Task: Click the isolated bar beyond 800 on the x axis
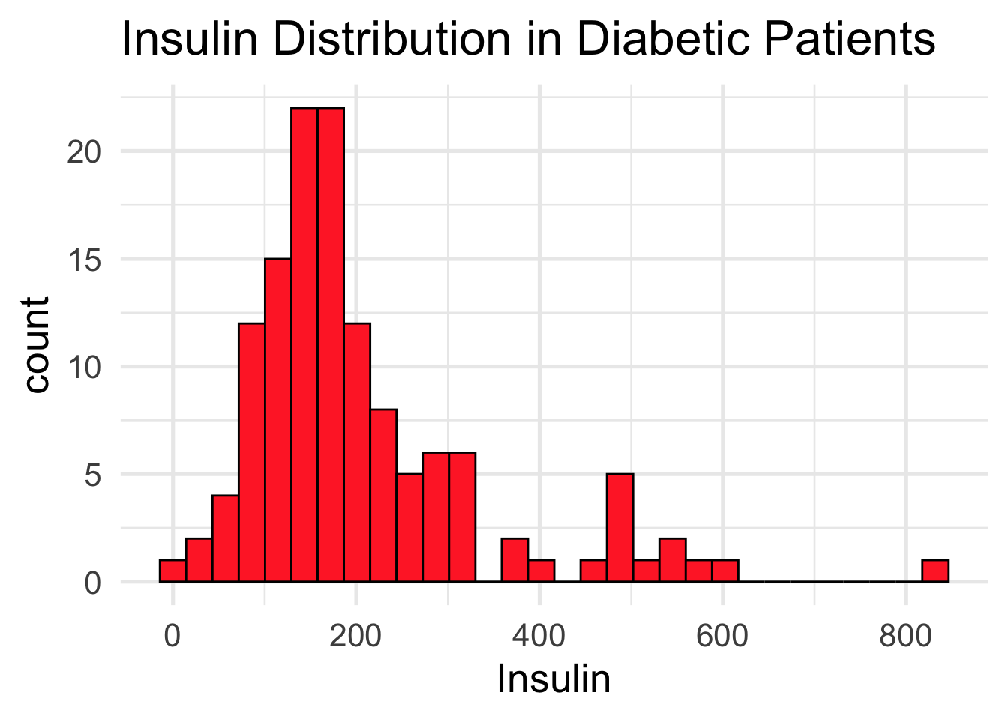click(935, 571)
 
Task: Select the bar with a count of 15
click(277, 420)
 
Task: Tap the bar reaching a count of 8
click(383, 496)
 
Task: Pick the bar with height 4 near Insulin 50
click(225, 538)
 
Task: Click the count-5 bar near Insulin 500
click(620, 528)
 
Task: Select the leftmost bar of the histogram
click(172, 571)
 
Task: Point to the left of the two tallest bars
click(304, 345)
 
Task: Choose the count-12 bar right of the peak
click(357, 452)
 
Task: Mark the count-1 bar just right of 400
click(541, 571)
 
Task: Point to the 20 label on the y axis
click(83, 152)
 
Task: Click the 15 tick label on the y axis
click(83, 259)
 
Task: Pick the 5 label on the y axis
click(92, 475)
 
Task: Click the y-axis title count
click(36, 345)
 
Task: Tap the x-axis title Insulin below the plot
click(553, 679)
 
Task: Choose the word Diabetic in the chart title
click(661, 39)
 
